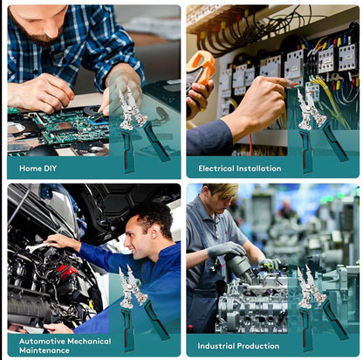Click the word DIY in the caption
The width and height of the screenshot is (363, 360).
50,169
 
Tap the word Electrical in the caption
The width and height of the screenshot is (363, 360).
216,169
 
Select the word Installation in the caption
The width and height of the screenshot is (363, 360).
259,169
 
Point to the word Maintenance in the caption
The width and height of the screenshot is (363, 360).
45,350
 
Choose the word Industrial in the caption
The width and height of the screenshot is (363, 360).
216,346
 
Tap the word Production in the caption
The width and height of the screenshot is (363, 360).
258,346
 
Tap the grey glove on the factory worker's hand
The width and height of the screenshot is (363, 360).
226,249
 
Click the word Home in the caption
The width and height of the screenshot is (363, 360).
31,169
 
